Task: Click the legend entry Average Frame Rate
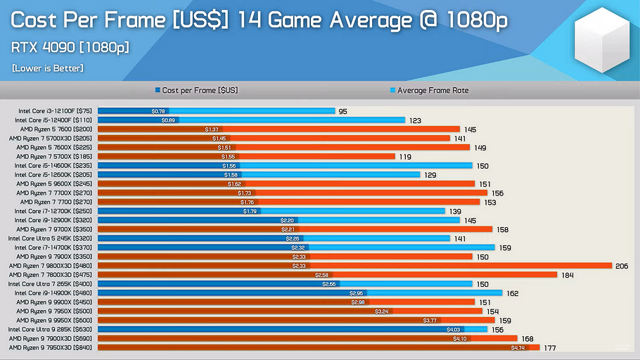pyautogui.click(x=433, y=91)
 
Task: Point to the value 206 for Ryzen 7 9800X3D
pyautogui.click(x=621, y=266)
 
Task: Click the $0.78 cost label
pyautogui.click(x=158, y=111)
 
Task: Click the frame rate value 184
pyautogui.click(x=568, y=275)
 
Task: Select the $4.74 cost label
pyautogui.click(x=518, y=347)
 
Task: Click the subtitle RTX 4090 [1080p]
pyautogui.click(x=70, y=48)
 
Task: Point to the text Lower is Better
pyautogui.click(x=47, y=68)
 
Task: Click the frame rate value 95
pyautogui.click(x=343, y=111)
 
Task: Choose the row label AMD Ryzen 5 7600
pyautogui.click(x=54, y=129)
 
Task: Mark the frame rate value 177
pyautogui.click(x=550, y=347)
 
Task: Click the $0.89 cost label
pyautogui.click(x=168, y=120)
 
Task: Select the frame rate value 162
pyautogui.click(x=513, y=292)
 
